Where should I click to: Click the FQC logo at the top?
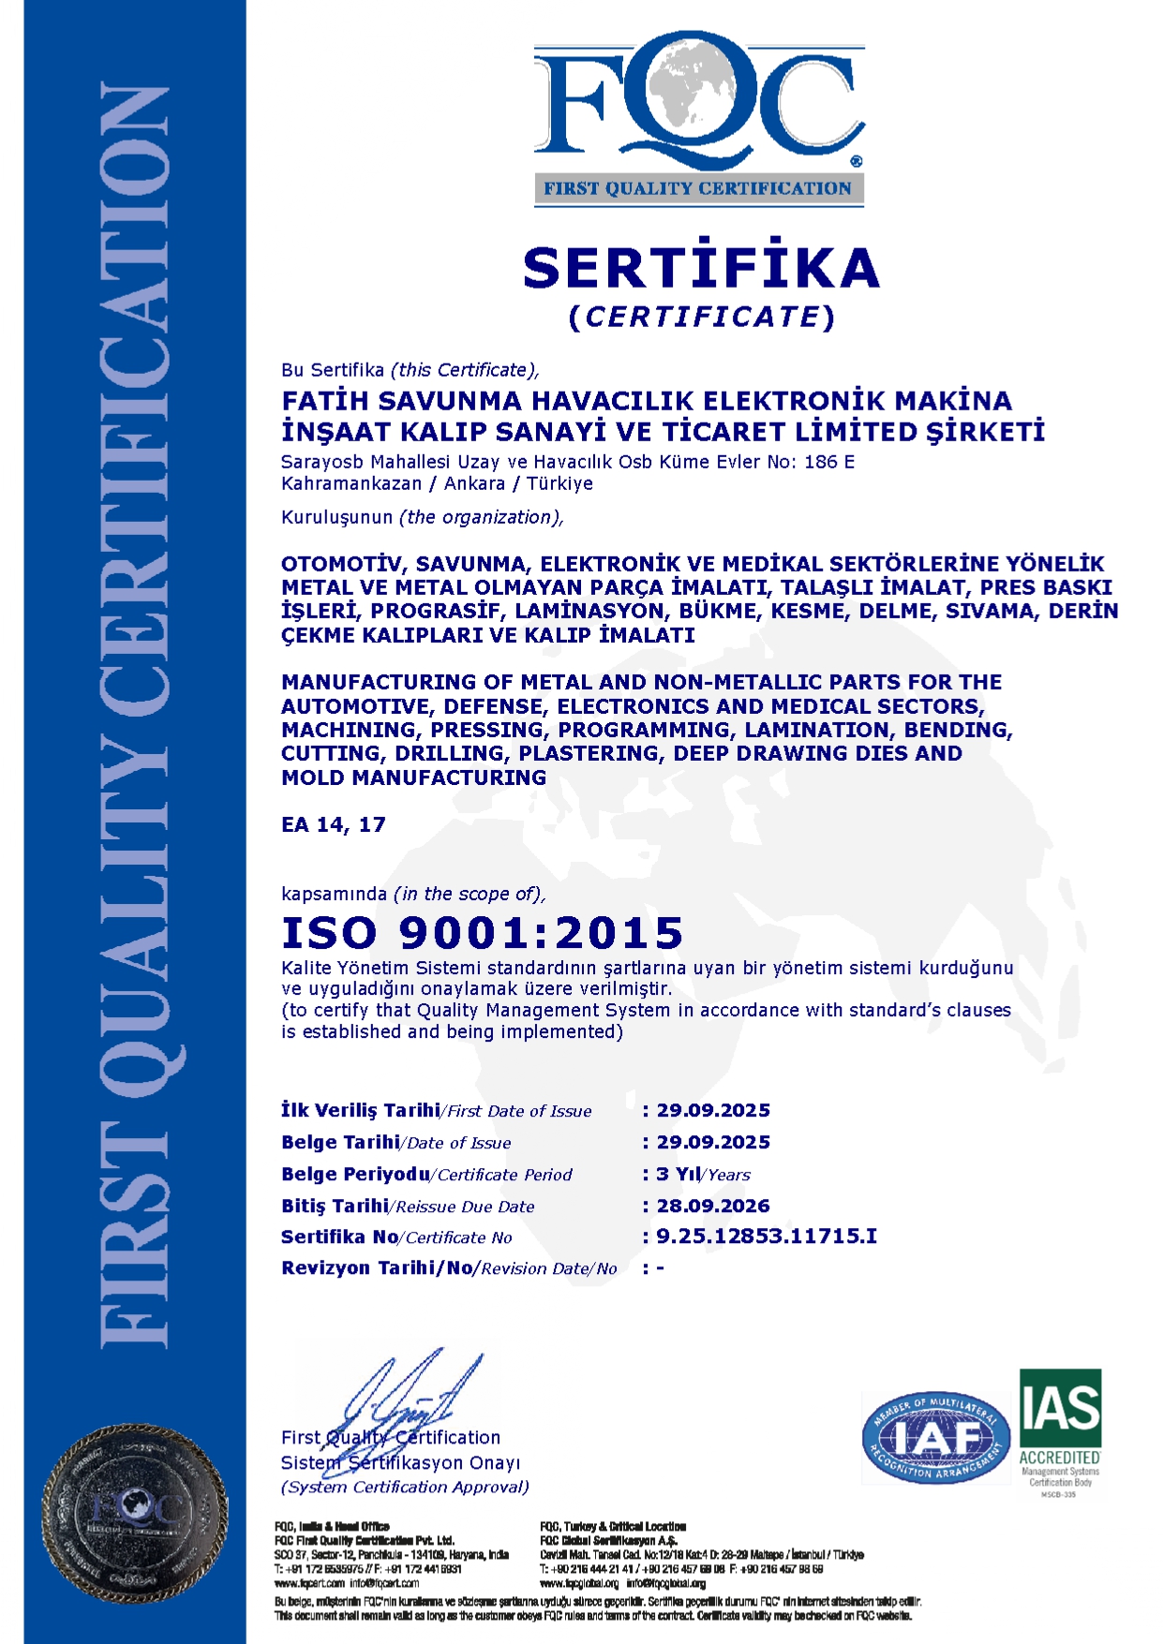(698, 122)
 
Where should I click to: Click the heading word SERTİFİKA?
(701, 268)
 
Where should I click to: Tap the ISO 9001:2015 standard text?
(483, 933)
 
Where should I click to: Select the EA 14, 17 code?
(333, 825)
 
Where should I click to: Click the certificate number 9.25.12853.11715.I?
(767, 1237)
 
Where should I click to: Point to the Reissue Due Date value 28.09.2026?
(713, 1206)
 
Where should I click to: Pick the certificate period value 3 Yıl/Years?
(703, 1175)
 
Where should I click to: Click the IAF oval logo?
(935, 1437)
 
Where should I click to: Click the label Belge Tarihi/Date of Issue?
(395, 1143)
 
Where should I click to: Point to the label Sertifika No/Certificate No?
(396, 1237)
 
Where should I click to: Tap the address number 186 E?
(828, 462)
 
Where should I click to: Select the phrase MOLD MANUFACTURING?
(413, 778)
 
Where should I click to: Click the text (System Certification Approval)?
(405, 1487)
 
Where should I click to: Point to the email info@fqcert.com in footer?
(384, 1583)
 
